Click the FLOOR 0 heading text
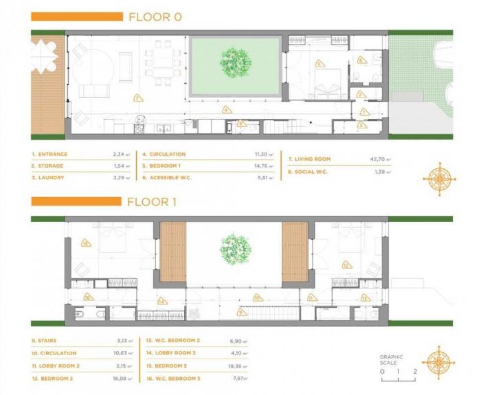click(x=155, y=17)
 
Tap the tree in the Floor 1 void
click(x=236, y=248)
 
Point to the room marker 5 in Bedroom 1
click(x=319, y=63)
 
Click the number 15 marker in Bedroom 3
click(x=86, y=243)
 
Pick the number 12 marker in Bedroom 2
click(x=346, y=265)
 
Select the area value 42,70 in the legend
click(x=378, y=159)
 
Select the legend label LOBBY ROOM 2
click(x=59, y=366)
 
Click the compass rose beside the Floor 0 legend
click(x=439, y=178)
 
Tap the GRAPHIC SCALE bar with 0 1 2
click(x=398, y=378)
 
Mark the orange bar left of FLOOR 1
click(x=76, y=201)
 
